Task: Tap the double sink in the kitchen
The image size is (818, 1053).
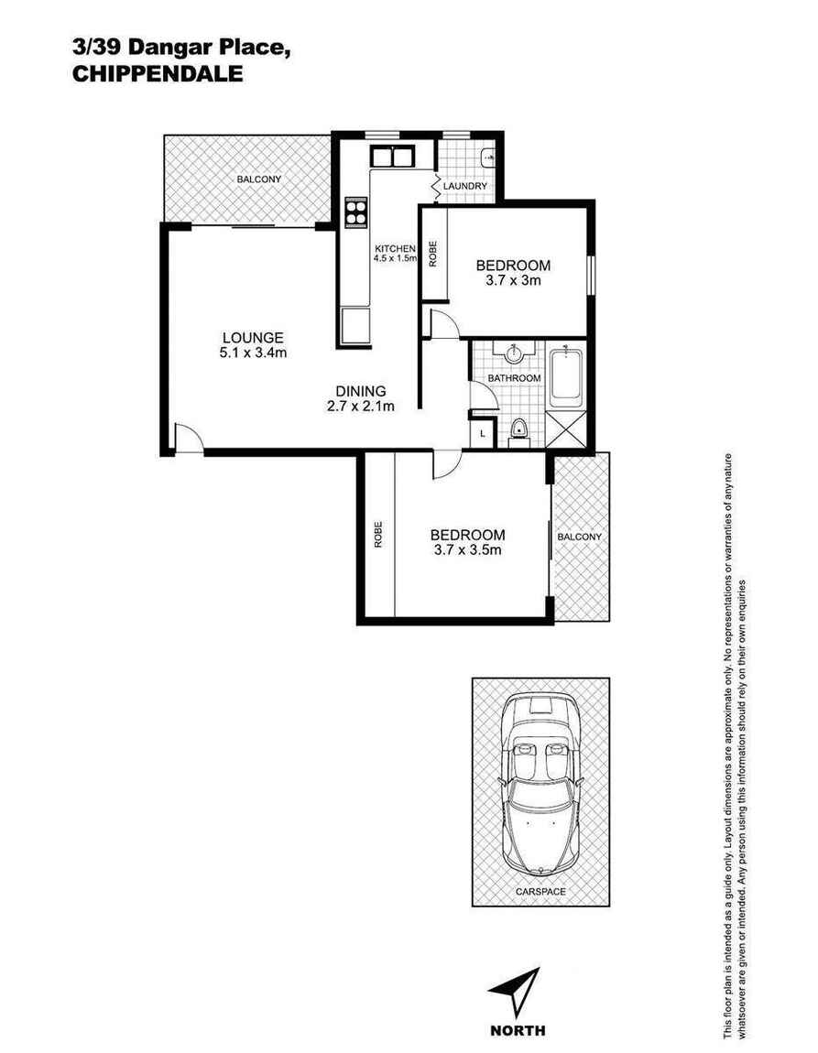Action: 392,157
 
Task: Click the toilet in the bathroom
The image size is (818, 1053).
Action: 518,430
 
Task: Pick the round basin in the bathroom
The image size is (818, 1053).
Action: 513,353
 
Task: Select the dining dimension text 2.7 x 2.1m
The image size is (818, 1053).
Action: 360,407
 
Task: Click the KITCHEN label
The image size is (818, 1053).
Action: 395,249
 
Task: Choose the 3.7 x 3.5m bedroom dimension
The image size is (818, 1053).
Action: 467,550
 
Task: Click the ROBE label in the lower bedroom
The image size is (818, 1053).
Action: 377,535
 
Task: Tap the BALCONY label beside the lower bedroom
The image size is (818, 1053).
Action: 579,537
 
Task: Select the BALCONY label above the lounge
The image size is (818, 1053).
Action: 259,179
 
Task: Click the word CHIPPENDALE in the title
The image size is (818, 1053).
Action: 157,75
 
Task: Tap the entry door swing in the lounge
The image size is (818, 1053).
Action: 188,440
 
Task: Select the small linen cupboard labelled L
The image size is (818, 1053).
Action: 483,435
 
